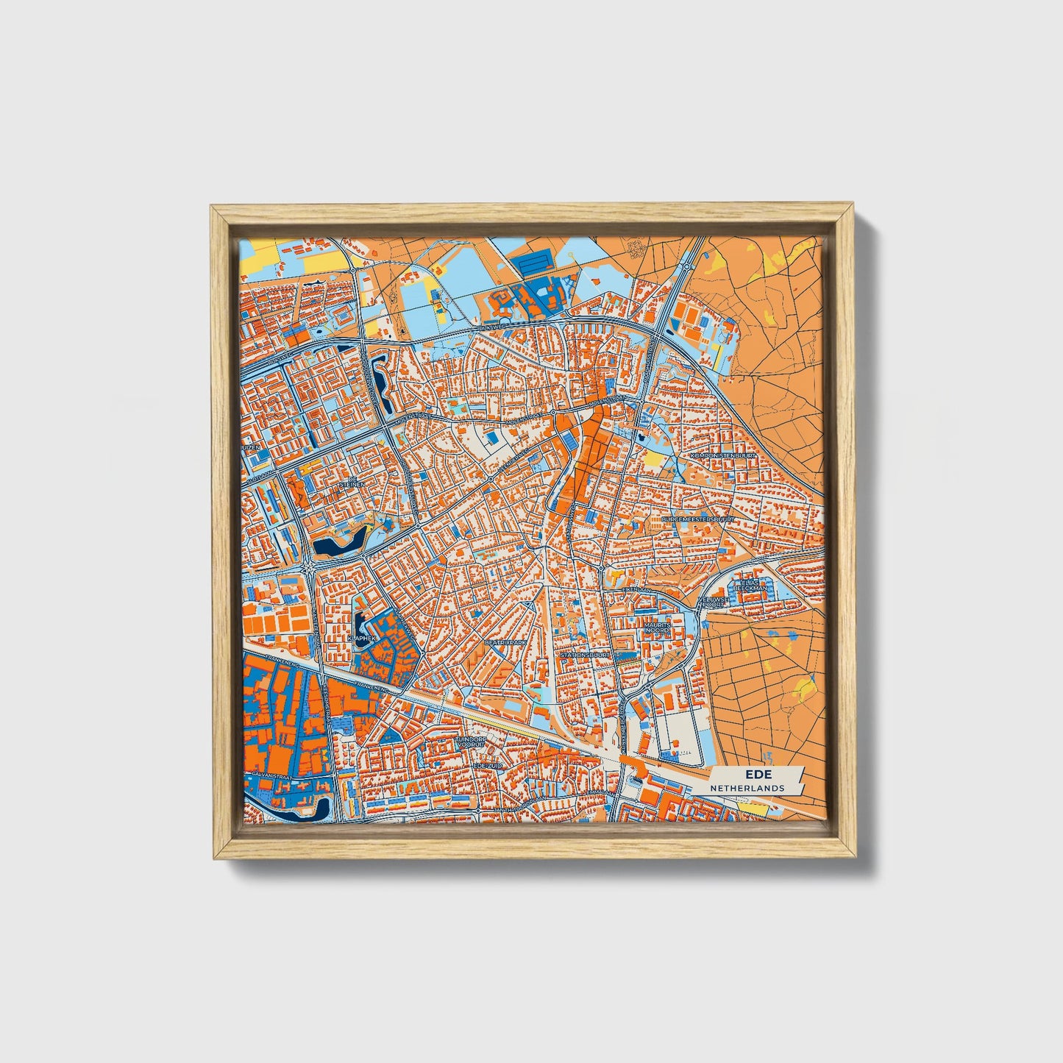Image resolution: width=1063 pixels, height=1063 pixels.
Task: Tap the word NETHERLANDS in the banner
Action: pyautogui.click(x=747, y=788)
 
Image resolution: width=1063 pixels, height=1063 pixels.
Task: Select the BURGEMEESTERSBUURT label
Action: pyautogui.click(x=698, y=519)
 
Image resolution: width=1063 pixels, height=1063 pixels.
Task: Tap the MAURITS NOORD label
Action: pyautogui.click(x=657, y=628)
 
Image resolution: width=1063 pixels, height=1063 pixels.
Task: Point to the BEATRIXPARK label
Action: pyautogui.click(x=506, y=642)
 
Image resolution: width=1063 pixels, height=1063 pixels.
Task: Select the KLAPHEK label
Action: pyautogui.click(x=361, y=639)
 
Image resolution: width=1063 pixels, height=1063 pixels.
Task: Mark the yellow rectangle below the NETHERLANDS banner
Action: pyautogui.click(x=753, y=808)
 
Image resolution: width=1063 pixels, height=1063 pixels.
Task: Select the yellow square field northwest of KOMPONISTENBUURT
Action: pyautogui.click(x=653, y=460)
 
